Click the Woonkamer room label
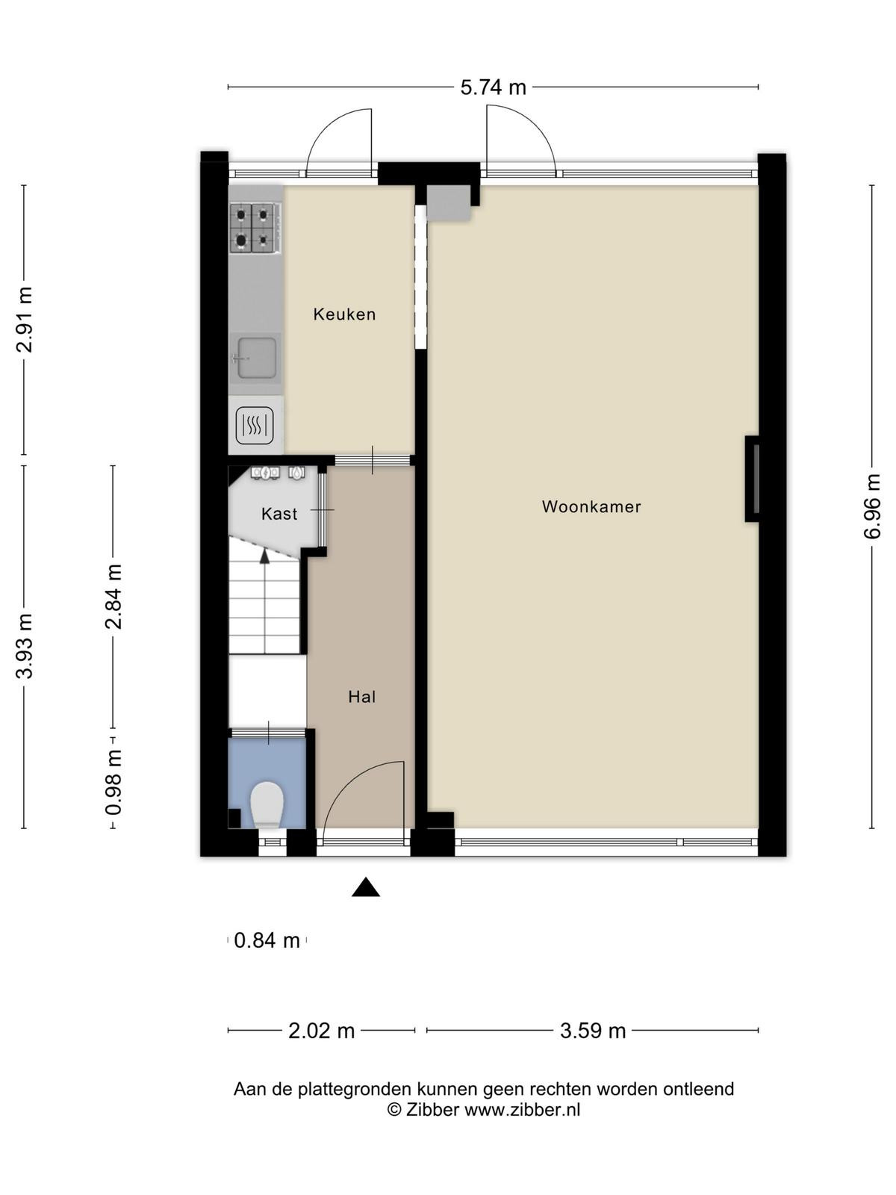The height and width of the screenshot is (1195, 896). pos(591,507)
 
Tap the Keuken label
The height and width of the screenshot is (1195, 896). pos(344,314)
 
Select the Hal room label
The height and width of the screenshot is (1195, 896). pos(362,697)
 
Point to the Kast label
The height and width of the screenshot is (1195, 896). pos(279,513)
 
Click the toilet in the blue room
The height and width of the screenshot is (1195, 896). pos(267,805)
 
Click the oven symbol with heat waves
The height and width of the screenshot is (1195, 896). pos(255,424)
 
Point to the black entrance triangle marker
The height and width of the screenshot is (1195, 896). pos(366,887)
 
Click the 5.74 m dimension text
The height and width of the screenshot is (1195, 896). pos(493,87)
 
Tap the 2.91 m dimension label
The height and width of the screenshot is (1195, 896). pos(24,319)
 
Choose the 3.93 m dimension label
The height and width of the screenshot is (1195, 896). pos(24,646)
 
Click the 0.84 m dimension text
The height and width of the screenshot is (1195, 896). pos(267,940)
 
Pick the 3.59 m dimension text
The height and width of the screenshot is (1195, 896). pos(593,1031)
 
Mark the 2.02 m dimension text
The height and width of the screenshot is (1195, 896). pos(321,1031)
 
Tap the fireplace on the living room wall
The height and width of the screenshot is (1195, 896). pos(752,479)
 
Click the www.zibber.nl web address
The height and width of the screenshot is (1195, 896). pos(522,1110)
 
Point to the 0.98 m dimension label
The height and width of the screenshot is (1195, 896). pos(113,782)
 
